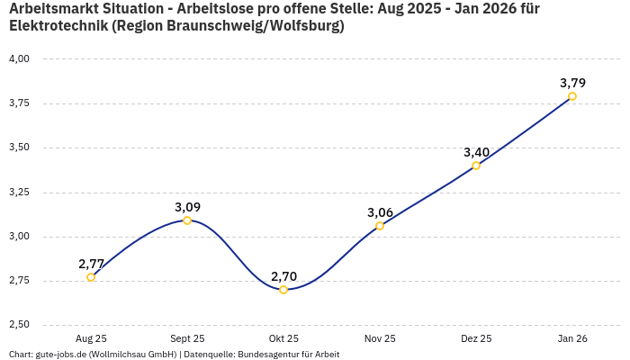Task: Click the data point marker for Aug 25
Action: (x=91, y=277)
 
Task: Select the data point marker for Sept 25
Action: (x=187, y=220)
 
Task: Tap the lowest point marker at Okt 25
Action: (x=283, y=290)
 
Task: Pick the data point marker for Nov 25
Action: (x=380, y=226)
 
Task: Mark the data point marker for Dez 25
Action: (x=476, y=166)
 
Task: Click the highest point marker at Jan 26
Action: (x=572, y=96)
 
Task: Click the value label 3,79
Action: (x=572, y=83)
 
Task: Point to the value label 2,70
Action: (x=283, y=276)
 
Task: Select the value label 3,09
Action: (x=187, y=207)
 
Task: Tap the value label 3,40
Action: (x=476, y=152)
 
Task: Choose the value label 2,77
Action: (x=91, y=264)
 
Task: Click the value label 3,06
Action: (x=380, y=212)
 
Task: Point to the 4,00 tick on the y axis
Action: (x=19, y=58)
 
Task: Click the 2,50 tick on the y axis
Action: (x=19, y=325)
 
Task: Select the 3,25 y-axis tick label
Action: (x=19, y=192)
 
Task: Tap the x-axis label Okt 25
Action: (x=283, y=338)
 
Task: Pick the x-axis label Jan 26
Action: (x=572, y=338)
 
